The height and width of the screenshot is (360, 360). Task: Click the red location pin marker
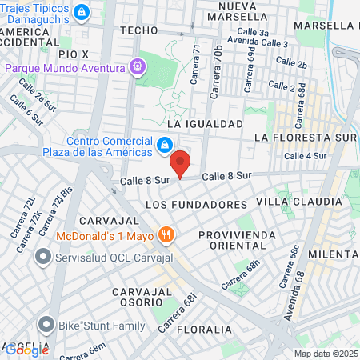[182, 162]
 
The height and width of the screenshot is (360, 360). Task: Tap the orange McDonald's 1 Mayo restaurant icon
[166, 235]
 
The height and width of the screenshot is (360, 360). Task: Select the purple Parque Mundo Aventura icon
[138, 67]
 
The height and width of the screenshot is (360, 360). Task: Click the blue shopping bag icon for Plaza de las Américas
[164, 145]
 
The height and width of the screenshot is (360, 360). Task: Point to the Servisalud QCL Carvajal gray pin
[43, 258]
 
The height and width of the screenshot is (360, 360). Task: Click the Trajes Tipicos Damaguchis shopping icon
[81, 12]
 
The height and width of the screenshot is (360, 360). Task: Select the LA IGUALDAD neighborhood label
[204, 124]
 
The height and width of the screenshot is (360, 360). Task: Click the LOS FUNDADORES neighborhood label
[197, 205]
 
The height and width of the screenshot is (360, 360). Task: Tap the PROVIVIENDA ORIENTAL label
[237, 240]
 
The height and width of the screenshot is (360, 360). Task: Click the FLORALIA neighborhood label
[205, 329]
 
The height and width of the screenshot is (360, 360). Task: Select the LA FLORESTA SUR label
[304, 138]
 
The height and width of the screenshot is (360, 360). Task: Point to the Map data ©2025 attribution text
[324, 354]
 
